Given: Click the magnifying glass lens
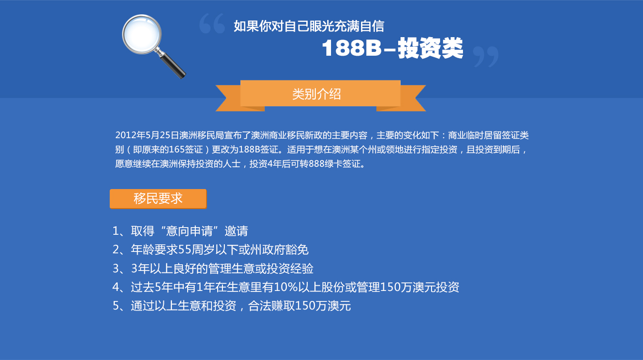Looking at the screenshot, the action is coord(142,34).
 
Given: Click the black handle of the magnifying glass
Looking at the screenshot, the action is coord(173,66).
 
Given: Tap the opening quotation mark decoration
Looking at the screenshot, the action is coord(212,23).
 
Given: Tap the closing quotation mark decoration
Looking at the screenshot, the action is coord(486,57).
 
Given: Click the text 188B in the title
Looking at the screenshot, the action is coord(352,48).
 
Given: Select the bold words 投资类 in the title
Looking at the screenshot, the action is coord(431,48).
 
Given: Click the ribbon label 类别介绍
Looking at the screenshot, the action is coord(317,94).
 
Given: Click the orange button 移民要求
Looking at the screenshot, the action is coord(158,199).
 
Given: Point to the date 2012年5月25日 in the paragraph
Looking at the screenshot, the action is coord(147,135).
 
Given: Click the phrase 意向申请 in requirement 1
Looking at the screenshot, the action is coord(190,231).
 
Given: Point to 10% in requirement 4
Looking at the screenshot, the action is coord(286,287).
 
